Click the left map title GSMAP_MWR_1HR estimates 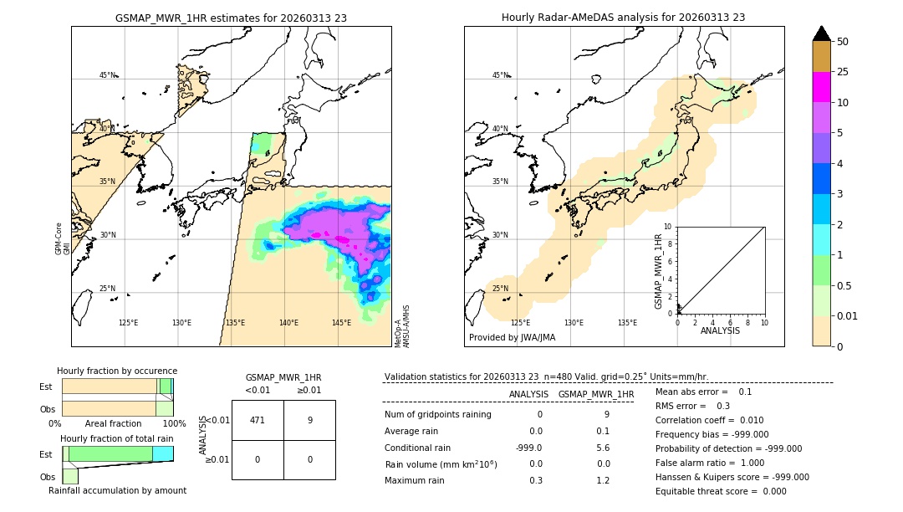pos(231,18)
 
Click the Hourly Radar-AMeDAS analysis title pos(623,18)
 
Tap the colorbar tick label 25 pos(844,72)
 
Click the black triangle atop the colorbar pos(822,33)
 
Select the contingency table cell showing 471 pos(258,420)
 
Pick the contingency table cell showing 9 pos(309,420)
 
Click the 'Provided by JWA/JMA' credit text pos(512,337)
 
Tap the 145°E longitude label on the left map pos(341,323)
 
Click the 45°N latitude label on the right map pos(500,75)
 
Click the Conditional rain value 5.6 pos(603,448)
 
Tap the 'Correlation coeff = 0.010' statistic pos(709,421)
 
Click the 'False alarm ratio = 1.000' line pos(710,462)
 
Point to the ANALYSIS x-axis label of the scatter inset pos(720,330)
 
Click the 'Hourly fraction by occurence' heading pos(117,371)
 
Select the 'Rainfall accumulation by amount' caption pos(117,490)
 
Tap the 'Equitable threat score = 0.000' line pos(721,491)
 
